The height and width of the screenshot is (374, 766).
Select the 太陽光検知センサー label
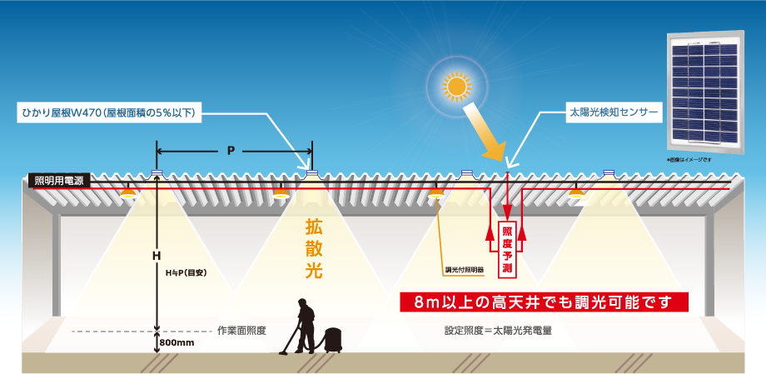coord(612,111)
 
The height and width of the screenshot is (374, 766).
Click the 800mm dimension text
coord(176,342)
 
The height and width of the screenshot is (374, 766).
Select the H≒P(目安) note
coord(186,272)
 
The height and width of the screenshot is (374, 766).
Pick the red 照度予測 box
coord(505,249)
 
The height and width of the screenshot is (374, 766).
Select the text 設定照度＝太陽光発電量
coord(499,330)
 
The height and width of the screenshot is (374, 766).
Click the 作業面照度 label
coord(241,330)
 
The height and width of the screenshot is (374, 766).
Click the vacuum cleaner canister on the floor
coord(335,339)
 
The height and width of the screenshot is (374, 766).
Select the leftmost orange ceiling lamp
coord(127,192)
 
